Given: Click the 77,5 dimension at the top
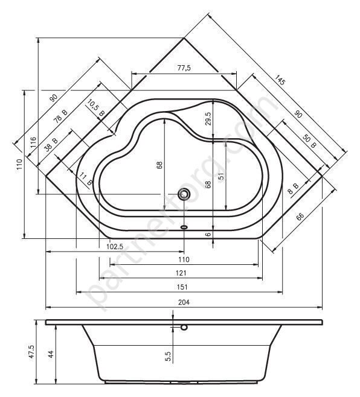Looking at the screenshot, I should pyautogui.click(x=184, y=68).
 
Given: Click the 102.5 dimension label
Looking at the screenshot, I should pyautogui.click(x=115, y=246).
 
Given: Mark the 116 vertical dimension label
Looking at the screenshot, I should pyautogui.click(x=33, y=144).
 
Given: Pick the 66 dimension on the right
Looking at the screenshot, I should pyautogui.click(x=300, y=217).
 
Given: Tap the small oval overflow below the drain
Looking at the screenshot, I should pyautogui.click(x=184, y=228).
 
